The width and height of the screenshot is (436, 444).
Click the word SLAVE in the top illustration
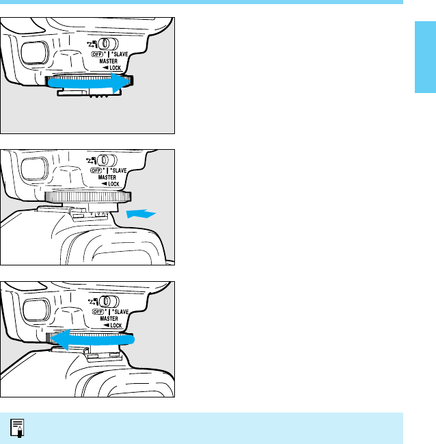point(121,54)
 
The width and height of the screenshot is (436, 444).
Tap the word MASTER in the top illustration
point(109,61)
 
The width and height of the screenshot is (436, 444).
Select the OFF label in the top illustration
point(97,54)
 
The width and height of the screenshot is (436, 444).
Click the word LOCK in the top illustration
point(115,68)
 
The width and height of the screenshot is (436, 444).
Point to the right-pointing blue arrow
point(89,83)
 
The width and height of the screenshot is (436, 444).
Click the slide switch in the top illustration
point(108,44)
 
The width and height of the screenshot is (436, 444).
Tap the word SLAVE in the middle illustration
point(120,170)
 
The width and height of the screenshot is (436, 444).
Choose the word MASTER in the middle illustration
point(107,177)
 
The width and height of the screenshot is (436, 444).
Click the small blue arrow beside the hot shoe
point(141,213)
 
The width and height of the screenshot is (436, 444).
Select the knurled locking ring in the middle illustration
point(88,197)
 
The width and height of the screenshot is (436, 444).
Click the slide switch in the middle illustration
point(107,160)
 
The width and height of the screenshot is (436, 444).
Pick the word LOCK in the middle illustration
point(113,184)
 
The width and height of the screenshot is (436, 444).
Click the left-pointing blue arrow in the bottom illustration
point(92,339)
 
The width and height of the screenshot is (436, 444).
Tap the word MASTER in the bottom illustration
point(109,319)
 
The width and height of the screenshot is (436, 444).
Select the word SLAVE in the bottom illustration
point(122,312)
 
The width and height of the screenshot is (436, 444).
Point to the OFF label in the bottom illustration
point(98,311)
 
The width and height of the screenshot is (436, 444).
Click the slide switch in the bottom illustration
point(109,301)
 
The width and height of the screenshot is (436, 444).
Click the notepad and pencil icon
point(17,428)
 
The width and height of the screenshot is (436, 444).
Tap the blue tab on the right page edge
point(425,57)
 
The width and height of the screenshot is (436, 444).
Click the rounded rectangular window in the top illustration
point(35,53)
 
